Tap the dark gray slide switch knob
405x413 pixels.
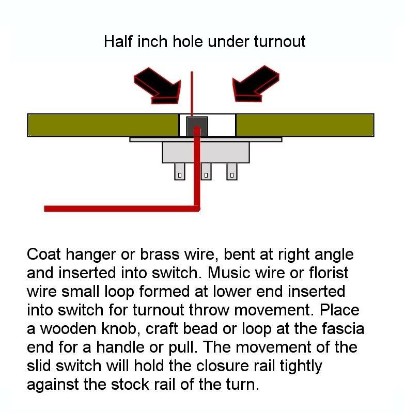pos(196,125)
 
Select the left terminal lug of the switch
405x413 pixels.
pos(179,171)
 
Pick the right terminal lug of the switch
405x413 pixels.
pos(232,171)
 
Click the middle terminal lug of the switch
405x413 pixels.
pos(206,171)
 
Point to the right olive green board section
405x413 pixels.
pos(305,125)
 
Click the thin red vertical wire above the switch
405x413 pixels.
pos(192,93)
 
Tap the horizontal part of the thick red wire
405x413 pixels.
pos(119,209)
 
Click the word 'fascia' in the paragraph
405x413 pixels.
pos(323,328)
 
